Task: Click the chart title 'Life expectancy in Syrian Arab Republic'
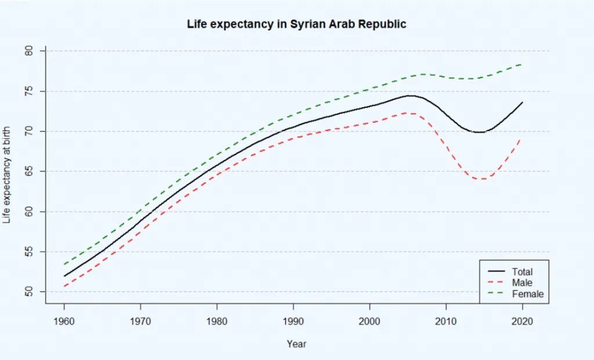pos(296,24)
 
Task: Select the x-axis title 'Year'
pos(296,344)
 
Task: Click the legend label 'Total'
pos(522,271)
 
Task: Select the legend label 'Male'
pos(521,282)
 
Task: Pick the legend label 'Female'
pos(528,294)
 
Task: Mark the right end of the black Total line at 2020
pos(522,103)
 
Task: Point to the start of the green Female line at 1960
pos(64,264)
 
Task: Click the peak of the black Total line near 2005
pos(410,96)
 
